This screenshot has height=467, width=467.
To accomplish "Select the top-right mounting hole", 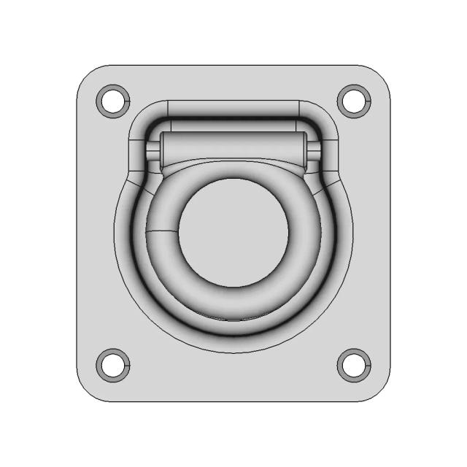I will [x=353, y=100].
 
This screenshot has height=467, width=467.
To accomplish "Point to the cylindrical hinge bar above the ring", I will [x=233, y=150].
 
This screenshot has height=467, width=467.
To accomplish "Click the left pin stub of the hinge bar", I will [x=153, y=152].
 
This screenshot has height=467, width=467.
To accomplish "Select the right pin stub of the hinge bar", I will [x=314, y=152].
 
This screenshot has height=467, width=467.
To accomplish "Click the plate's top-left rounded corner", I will [x=88, y=77].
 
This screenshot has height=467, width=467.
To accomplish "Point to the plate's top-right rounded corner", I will [x=379, y=77].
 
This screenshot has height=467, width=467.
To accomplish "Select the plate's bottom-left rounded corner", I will [x=88, y=390].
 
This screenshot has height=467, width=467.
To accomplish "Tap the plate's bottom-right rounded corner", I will [x=379, y=390].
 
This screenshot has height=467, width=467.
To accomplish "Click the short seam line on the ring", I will [x=162, y=231].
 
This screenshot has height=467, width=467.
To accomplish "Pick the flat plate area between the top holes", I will [x=233, y=82].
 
